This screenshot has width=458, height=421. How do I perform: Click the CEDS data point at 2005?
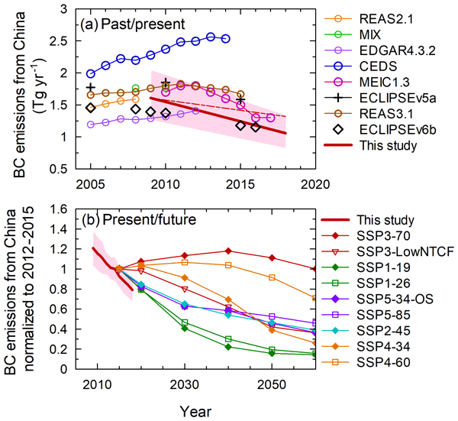click(91, 74)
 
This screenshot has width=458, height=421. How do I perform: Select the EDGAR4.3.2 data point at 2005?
click(91, 124)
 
